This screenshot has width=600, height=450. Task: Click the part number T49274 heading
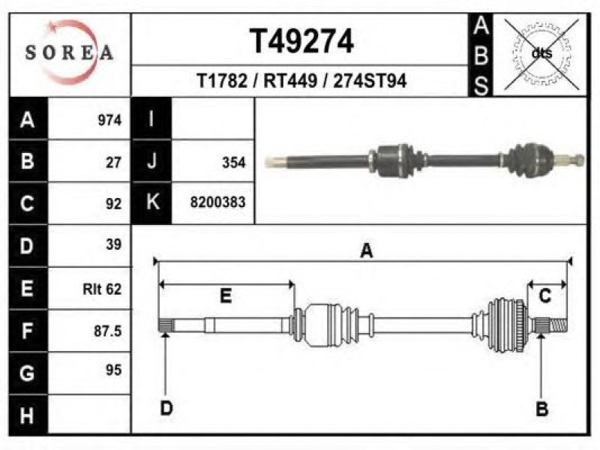[301, 41]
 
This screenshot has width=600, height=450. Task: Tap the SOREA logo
[69, 52]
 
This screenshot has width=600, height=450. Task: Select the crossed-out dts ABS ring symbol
[541, 54]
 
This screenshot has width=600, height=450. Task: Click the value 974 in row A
[109, 120]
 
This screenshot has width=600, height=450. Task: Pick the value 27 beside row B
[114, 162]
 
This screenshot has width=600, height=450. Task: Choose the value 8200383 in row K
[217, 202]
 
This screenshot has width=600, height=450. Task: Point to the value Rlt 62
[102, 289]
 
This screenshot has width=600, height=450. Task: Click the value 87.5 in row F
[108, 331]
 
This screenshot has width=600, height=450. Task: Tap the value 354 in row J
[234, 162]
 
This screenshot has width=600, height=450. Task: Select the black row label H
[28, 415]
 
